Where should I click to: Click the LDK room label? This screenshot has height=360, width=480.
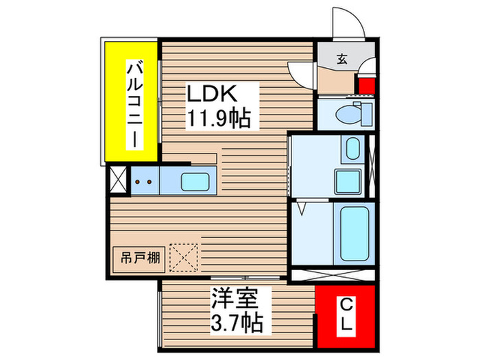point(213,95)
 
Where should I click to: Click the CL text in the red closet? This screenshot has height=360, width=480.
point(346,315)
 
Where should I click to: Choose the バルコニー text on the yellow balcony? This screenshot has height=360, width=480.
point(135,103)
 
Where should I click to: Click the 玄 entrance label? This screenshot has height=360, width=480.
point(341,59)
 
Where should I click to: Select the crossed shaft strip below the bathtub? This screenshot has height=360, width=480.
point(331,276)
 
